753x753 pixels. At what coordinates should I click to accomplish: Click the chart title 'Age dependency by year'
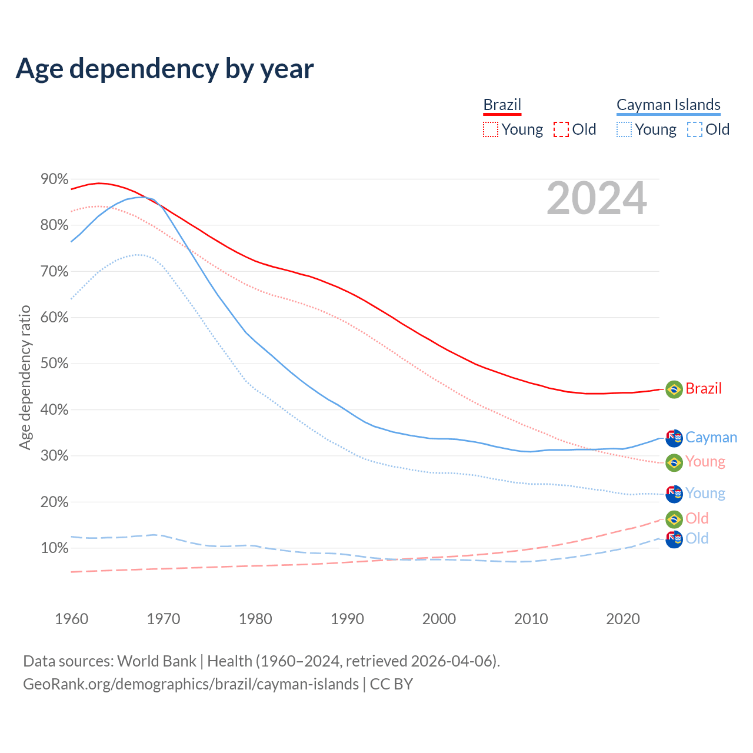165,69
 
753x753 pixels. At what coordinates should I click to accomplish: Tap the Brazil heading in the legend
502,105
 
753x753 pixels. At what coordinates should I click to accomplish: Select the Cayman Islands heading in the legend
668,105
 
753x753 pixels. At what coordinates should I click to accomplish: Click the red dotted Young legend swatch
490,129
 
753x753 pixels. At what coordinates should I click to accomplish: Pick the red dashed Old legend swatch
561,129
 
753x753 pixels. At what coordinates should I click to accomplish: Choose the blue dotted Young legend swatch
624,129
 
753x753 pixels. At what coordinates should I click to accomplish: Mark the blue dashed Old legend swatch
694,129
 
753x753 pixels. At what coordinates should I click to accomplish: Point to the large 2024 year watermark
597,199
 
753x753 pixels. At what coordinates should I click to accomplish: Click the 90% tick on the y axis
55,179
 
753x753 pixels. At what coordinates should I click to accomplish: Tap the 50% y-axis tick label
55,364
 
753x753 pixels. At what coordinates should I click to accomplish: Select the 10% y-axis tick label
55,548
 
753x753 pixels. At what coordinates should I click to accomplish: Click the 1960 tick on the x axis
71,619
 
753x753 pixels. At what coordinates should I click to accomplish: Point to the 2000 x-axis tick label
439,619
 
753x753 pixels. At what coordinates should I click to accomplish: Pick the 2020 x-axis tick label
623,619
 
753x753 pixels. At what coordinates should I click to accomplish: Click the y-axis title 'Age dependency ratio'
25,377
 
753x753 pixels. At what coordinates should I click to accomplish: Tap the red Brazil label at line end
704,389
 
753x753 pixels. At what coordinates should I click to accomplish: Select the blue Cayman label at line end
711,438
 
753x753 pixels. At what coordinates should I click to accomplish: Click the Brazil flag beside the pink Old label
674,519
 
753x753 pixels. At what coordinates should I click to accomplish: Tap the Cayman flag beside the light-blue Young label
674,494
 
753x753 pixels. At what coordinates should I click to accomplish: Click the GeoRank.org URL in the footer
191,684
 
